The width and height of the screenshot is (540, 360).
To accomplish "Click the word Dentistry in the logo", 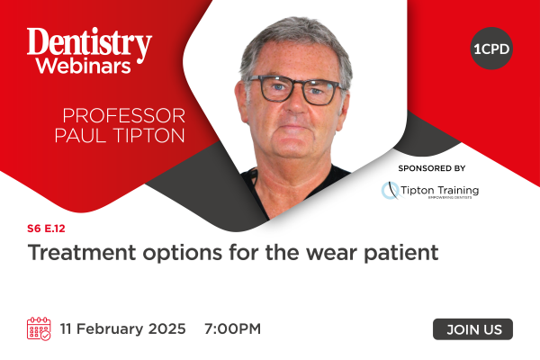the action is (x=89, y=44).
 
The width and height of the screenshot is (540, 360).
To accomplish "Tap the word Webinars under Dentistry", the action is (x=84, y=66).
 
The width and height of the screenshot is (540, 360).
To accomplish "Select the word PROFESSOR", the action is (x=123, y=115).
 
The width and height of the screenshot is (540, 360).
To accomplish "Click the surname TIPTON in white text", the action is (x=149, y=135).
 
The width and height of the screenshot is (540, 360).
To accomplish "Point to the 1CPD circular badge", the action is (x=491, y=49).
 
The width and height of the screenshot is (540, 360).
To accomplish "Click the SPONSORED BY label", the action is (x=432, y=168).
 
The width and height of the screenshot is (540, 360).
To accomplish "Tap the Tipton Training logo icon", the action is (x=391, y=191).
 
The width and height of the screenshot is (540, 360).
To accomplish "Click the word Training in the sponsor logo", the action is (x=458, y=191).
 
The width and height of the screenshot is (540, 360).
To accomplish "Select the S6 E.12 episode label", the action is (x=46, y=229).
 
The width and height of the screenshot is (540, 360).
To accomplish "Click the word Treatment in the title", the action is (x=82, y=253).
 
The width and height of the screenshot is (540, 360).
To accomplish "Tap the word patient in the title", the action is (x=401, y=253).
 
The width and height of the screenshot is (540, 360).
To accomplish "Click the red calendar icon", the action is (x=39, y=328).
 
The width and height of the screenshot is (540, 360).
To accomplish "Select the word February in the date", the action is (x=110, y=329).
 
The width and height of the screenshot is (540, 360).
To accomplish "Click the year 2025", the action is (x=167, y=328).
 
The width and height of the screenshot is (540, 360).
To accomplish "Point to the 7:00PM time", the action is (x=232, y=328).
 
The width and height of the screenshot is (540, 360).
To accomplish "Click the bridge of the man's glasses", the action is (x=297, y=86).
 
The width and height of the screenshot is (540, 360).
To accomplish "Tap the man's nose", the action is (x=295, y=103).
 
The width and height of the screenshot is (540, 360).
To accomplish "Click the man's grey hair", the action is (x=296, y=38).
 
